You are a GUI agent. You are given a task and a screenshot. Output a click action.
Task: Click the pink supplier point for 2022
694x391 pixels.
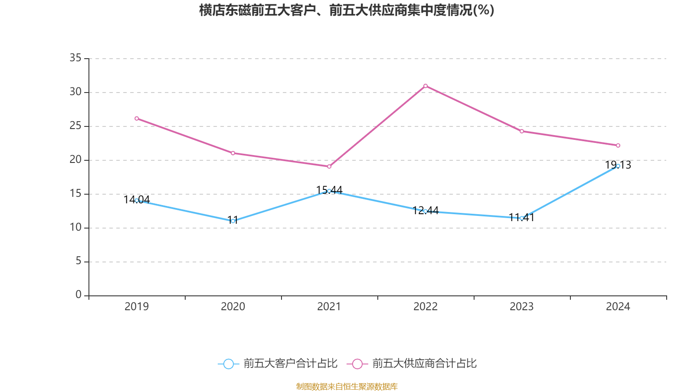[x=426, y=86]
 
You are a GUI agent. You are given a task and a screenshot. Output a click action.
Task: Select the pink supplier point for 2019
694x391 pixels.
[x=137, y=118]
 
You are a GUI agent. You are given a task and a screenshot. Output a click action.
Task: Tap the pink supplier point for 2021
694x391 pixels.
[x=329, y=166]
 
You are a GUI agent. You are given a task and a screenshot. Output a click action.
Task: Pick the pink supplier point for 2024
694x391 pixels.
[x=618, y=146]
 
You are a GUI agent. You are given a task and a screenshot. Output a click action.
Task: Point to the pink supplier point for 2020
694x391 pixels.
[x=233, y=153]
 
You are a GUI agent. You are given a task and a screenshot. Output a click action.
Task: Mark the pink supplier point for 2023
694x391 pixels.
[x=522, y=131]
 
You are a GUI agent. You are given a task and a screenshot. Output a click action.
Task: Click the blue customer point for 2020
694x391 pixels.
[x=233, y=221]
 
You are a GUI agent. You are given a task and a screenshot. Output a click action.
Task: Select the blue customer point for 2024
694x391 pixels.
[x=618, y=166]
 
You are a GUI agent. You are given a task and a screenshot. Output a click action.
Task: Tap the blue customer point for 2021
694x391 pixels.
[x=329, y=191]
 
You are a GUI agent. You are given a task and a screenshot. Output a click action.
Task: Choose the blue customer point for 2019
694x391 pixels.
[x=137, y=200]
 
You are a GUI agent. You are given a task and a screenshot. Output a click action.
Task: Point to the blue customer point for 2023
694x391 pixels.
[x=522, y=218]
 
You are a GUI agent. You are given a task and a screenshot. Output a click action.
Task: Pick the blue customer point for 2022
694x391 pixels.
[x=426, y=211]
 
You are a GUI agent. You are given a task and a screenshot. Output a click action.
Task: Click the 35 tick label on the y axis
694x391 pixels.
[x=75, y=58]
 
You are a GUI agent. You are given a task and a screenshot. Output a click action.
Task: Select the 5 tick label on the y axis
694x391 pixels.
[x=79, y=261]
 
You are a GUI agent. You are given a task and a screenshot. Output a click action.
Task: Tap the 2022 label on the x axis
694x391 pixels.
[x=426, y=307]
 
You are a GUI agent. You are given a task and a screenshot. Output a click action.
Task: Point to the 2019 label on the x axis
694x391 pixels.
[x=137, y=307]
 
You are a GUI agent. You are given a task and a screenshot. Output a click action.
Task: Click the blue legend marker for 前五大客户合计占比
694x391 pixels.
[x=228, y=364]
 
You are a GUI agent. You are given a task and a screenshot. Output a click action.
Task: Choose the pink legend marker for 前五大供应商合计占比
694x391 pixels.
[x=357, y=364]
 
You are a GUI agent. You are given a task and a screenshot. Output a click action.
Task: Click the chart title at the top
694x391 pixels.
[x=347, y=10]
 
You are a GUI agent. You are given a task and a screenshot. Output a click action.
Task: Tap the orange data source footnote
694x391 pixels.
[x=347, y=386]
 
